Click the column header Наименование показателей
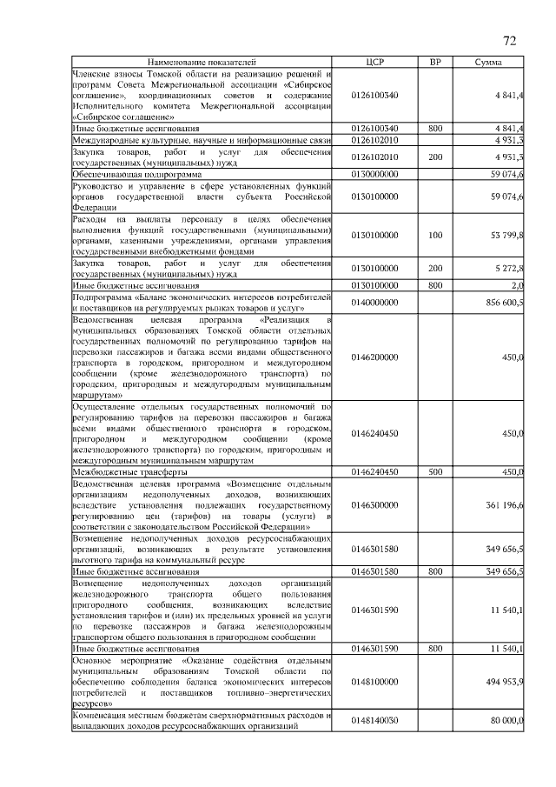point(202,63)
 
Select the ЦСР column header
point(374,63)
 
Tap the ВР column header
point(435,63)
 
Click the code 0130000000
point(374,174)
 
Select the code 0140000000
point(374,302)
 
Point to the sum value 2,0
point(516,284)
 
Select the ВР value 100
point(435,235)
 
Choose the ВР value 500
point(435,471)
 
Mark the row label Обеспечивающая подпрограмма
point(129,174)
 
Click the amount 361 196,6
point(500,504)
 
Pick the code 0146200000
point(374,357)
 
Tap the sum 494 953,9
point(500,681)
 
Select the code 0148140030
point(374,720)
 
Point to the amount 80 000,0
point(504,720)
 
